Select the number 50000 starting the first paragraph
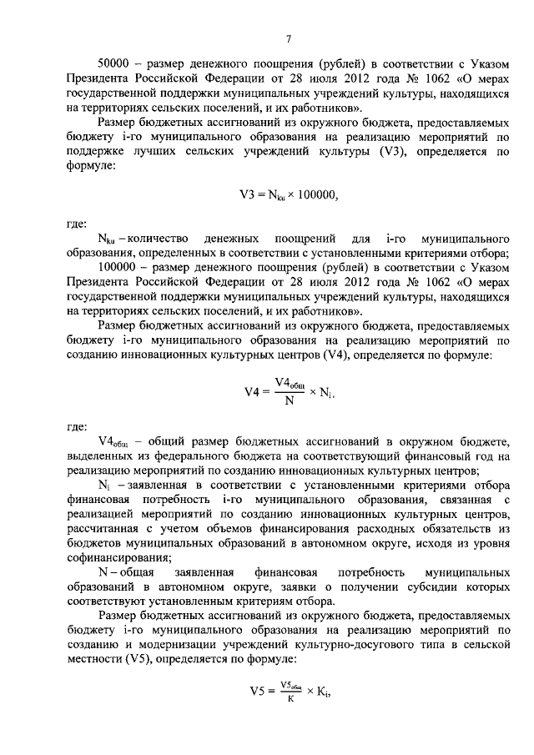pyautogui.click(x=114, y=63)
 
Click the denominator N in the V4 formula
pyautogui.click(x=287, y=399)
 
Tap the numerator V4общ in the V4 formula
pyautogui.click(x=289, y=383)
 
